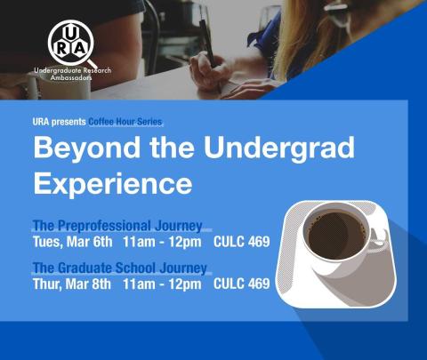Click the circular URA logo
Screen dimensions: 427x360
tap(71, 43)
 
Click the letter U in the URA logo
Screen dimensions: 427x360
tap(70, 34)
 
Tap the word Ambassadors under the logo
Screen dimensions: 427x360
tap(71, 77)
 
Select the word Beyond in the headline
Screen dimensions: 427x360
tap(87, 148)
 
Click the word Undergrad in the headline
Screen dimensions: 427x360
tap(279, 148)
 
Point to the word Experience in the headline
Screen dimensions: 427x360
tap(113, 185)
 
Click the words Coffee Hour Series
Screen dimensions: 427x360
tap(125, 122)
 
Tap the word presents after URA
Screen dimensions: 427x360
tap(68, 122)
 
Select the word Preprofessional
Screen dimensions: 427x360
tap(104, 226)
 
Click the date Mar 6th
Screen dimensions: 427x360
tap(89, 242)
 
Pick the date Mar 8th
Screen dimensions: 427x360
tap(88, 284)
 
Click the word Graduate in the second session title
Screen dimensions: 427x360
tap(85, 268)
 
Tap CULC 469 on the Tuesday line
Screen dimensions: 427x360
tap(242, 242)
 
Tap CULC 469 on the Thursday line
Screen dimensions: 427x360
tap(242, 284)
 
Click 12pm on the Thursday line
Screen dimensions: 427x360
tap(185, 284)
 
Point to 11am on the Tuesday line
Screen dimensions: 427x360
tap(139, 242)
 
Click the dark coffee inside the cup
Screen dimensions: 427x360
tap(336, 235)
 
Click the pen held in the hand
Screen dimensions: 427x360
tap(207, 42)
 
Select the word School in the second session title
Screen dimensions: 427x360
tap(135, 268)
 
